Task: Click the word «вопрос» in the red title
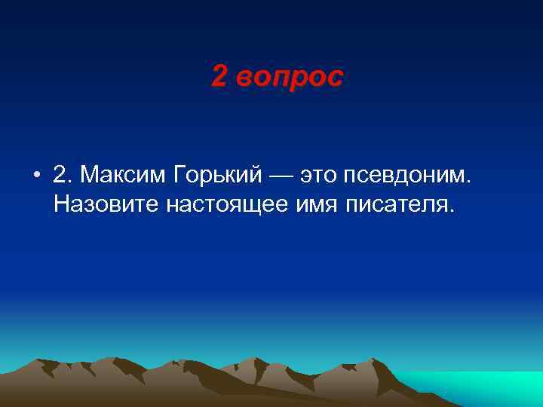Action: pos(289,76)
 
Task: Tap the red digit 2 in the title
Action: pos(219,76)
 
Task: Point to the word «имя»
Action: pos(319,205)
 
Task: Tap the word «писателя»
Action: pos(397,205)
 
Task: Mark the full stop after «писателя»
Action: pos(453,210)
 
